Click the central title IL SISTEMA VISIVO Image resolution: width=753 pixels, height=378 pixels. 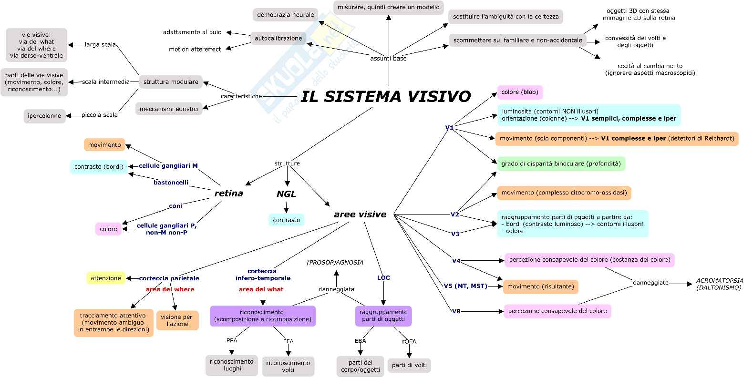click(x=386, y=97)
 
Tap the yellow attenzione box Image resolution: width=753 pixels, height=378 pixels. click(x=106, y=278)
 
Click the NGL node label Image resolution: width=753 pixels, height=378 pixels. click(x=286, y=194)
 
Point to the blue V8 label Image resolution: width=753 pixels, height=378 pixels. click(x=456, y=311)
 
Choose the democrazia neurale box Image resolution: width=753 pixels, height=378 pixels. click(x=285, y=15)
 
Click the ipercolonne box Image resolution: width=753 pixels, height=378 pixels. click(x=44, y=116)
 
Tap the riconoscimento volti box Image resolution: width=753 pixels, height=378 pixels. click(x=288, y=366)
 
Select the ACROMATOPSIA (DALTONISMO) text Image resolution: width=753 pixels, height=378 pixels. click(x=720, y=284)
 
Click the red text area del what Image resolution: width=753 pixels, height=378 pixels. click(x=261, y=289)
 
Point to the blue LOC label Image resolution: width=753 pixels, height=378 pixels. click(x=383, y=278)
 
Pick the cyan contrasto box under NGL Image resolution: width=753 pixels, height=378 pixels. click(x=286, y=220)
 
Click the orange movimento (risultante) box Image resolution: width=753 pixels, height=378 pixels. click(x=540, y=286)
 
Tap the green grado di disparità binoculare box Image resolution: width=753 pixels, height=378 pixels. click(x=561, y=163)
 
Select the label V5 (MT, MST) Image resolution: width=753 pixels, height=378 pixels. click(x=465, y=286)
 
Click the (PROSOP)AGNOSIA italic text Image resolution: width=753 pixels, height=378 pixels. click(x=335, y=263)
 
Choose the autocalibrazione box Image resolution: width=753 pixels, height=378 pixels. click(x=278, y=38)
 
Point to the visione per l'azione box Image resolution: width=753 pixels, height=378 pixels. click(x=177, y=320)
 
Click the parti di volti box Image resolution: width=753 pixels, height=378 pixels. click(x=409, y=365)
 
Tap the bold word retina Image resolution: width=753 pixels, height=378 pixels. click(x=229, y=194)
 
